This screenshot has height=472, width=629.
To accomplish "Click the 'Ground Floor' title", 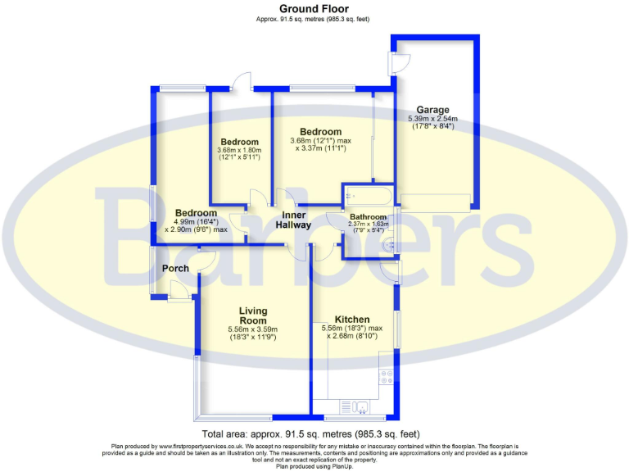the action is (x=314, y=8).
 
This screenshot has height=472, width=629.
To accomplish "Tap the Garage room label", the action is (x=432, y=110).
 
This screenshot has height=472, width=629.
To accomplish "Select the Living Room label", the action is (x=253, y=315).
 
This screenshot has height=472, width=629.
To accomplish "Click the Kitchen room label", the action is (x=351, y=319).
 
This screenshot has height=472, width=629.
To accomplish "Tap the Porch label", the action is (x=175, y=268).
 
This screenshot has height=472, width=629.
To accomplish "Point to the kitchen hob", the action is (x=387, y=377).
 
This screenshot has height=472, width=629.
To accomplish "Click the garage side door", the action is (x=399, y=62).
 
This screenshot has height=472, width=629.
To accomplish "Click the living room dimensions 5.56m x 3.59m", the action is (x=253, y=333).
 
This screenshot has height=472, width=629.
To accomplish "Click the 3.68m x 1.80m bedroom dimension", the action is (x=238, y=153).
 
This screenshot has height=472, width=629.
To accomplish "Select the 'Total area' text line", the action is (x=314, y=433).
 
